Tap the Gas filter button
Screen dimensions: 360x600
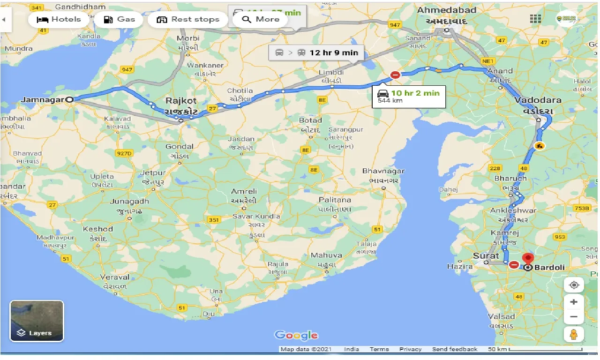pos(119,19)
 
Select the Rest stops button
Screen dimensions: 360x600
pos(188,19)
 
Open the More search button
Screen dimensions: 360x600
pos(262,19)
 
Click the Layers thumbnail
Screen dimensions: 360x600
pos(37,321)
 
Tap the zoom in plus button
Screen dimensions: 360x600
pos(574,302)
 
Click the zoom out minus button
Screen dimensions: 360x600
pos(574,317)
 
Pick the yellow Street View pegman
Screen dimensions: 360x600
pos(574,335)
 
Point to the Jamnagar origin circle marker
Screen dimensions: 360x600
pos(69,99)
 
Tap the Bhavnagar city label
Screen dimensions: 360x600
pos(383,171)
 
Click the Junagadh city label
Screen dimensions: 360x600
pos(129,202)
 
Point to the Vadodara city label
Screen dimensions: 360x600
pos(538,100)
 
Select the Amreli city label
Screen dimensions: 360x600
pos(244,192)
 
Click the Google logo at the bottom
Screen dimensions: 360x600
pos(296,335)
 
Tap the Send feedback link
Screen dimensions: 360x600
pos(454,349)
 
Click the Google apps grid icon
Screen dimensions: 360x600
pos(535,19)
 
